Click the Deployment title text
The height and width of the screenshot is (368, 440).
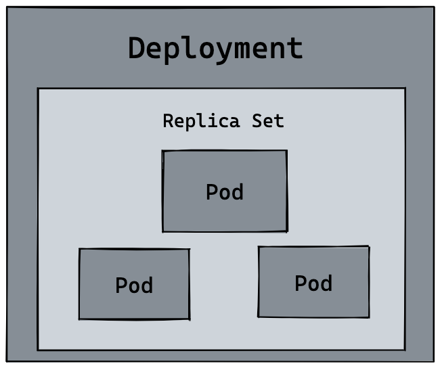click(x=216, y=49)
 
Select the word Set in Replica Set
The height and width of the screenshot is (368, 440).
click(x=268, y=122)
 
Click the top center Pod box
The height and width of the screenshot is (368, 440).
click(x=225, y=191)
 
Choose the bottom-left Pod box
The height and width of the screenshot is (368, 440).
click(x=134, y=284)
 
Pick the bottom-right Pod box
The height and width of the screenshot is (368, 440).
click(x=313, y=281)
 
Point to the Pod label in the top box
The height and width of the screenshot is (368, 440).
click(x=225, y=192)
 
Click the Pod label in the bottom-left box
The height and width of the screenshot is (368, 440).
click(x=134, y=285)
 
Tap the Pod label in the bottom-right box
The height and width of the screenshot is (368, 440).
click(x=313, y=283)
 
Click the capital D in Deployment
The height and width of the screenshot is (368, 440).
click(x=138, y=49)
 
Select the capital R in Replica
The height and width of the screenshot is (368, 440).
click(x=169, y=122)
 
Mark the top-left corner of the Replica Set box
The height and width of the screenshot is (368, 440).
click(x=38, y=89)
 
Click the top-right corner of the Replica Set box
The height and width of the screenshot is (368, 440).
click(x=405, y=88)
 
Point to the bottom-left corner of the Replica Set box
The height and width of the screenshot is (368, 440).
click(x=38, y=350)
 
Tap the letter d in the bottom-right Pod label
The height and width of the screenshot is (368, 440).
click(x=326, y=283)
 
